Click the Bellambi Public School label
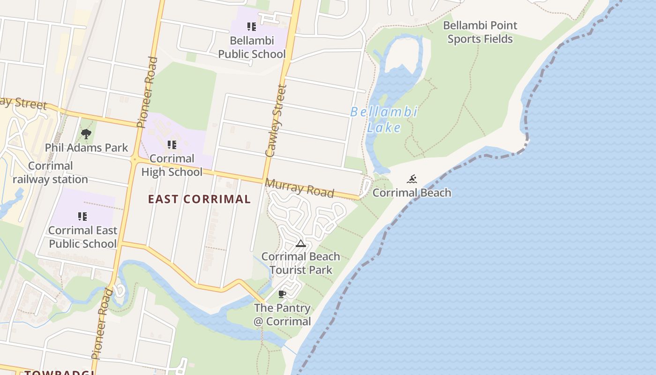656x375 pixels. [x=252, y=47]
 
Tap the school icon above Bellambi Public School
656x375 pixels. [x=252, y=27]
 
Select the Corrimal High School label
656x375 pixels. [x=172, y=165]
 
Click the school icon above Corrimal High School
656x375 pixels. [x=172, y=145]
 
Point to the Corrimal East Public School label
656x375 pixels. [x=82, y=237]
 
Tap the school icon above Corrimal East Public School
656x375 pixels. [x=82, y=216]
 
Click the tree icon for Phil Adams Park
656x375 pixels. [x=86, y=135]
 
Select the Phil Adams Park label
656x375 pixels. [x=86, y=148]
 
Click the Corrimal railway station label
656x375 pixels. [x=50, y=172]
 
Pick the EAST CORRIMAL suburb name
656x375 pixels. [x=200, y=199]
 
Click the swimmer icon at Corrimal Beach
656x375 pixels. [x=412, y=179]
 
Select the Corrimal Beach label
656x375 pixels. [x=412, y=193]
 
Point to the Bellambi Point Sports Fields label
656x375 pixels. [x=480, y=32]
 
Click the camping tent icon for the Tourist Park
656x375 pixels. [x=300, y=243]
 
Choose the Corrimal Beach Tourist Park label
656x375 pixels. [x=300, y=263]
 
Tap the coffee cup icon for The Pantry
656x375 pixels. [x=282, y=294]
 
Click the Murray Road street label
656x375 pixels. [x=300, y=188]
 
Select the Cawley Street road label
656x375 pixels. [x=276, y=120]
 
